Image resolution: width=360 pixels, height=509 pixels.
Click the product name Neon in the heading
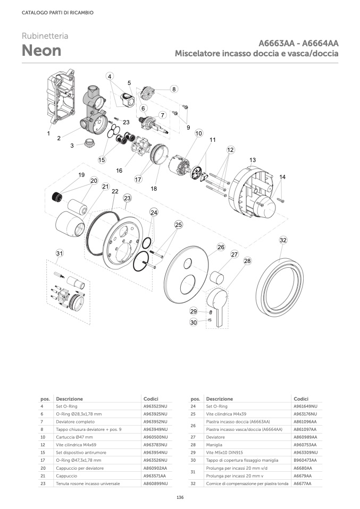pos(41,50)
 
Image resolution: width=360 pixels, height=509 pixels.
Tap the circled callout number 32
pos(283,241)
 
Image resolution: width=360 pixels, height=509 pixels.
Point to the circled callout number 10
pos(198,133)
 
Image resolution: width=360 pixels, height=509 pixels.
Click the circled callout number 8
pos(173,89)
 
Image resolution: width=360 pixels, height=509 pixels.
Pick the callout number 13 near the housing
pos(252,160)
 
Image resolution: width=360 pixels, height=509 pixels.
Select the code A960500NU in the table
pos(155,437)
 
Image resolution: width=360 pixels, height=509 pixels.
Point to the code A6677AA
pos(303,483)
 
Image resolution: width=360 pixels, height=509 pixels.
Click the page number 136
pos(180,497)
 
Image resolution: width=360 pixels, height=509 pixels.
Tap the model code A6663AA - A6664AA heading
pos(299,44)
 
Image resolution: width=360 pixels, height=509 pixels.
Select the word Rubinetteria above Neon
pos(45,36)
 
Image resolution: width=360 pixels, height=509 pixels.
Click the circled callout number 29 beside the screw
pos(194,311)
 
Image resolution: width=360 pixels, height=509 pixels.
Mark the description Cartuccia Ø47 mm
pos(74,437)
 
